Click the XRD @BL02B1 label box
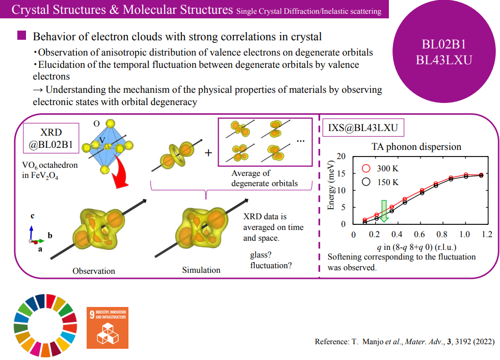pos(51,138)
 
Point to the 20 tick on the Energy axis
pos(341,157)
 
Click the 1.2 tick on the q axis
pos(487,235)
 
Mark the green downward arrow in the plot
pos(384,211)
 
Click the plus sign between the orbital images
pos(208,153)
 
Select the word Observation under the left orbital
pos(94,271)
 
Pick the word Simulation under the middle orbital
pos(201,270)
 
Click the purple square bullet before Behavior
pos(21,36)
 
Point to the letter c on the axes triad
pos(33,216)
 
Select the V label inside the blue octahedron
pos(102,139)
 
